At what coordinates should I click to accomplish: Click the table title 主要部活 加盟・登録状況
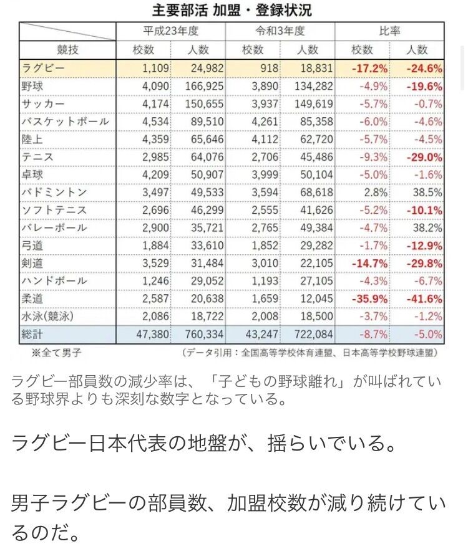pos(232,11)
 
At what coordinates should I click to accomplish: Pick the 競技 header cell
pos(68,50)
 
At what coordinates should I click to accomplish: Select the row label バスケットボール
pos(65,122)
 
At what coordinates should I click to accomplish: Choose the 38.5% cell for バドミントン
pos(427,193)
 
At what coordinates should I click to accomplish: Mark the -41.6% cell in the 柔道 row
pos(424,299)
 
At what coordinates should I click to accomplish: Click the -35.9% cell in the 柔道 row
pos(370,299)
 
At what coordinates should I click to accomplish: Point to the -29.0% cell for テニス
pos(424,157)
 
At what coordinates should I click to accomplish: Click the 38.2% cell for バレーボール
pos(427,228)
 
